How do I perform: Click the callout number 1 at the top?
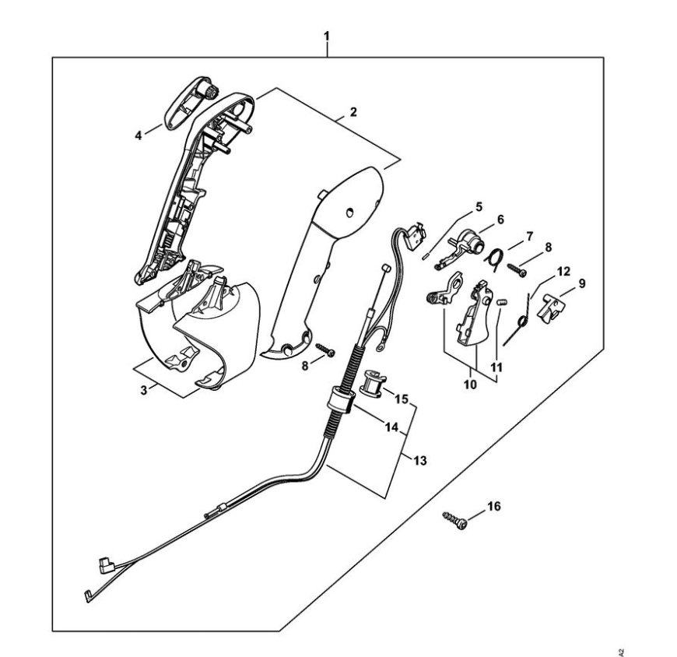(x=327, y=37)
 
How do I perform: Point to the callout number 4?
(x=139, y=135)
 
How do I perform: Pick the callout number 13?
(x=420, y=461)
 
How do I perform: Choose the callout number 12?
(x=563, y=272)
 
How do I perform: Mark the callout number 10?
(x=471, y=385)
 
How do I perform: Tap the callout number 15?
(x=402, y=399)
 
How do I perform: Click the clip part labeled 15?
(x=372, y=385)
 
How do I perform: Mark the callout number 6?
(x=500, y=220)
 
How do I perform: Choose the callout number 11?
(x=496, y=366)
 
